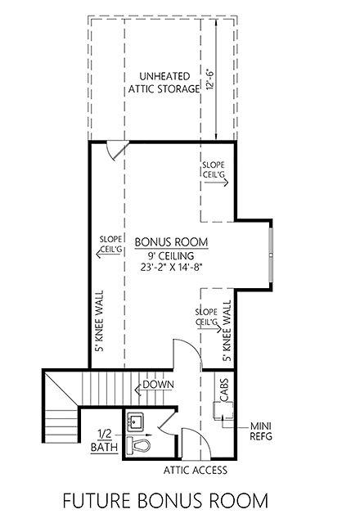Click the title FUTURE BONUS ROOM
pos(171,499)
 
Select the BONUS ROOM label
pos(171,241)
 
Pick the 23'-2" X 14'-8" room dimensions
pos(171,266)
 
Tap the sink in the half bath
pos(135,423)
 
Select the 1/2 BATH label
pos(105,440)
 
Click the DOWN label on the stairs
pos(156,384)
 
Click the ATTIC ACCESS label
pos(196,471)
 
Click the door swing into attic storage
pos(117,151)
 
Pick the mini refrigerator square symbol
pos(221,413)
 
